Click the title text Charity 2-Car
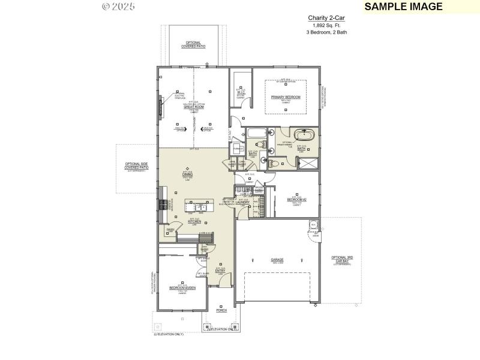point(326,19)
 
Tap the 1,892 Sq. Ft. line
point(326,26)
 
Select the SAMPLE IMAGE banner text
point(403,7)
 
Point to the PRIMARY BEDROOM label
point(285,97)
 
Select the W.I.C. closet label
point(241,92)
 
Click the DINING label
point(187,174)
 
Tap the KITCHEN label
point(194,221)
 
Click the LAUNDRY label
point(242,202)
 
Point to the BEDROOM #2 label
point(296,199)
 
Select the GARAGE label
point(277,260)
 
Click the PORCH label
point(221,311)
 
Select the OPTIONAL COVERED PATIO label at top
point(193,44)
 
